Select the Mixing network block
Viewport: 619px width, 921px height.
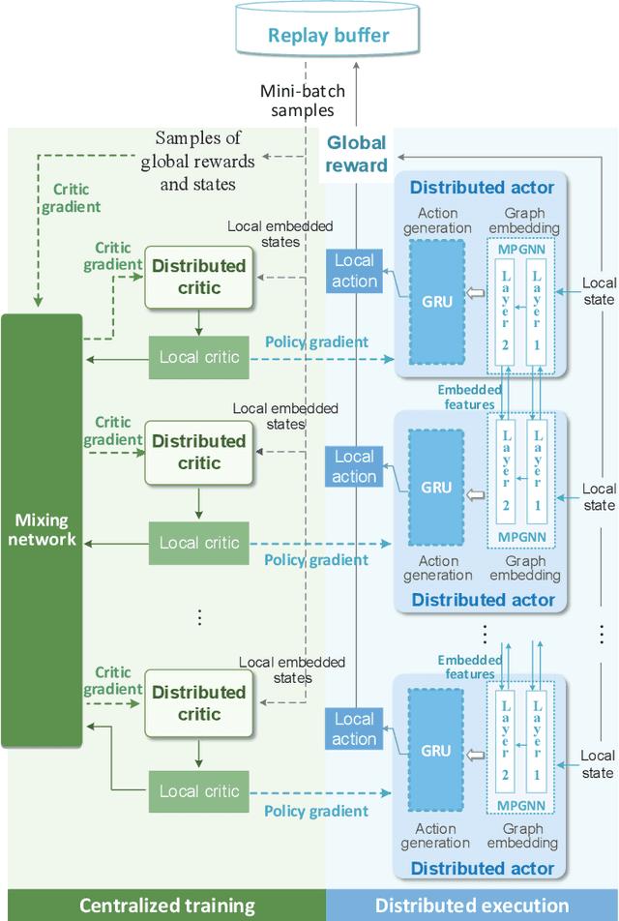(42, 529)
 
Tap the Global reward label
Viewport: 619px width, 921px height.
(355, 153)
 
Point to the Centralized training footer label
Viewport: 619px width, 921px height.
(166, 906)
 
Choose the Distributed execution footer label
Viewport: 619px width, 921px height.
(472, 906)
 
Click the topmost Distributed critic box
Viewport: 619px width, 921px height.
(198, 277)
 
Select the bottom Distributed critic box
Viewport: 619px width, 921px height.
(198, 703)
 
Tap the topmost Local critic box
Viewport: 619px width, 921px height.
(199, 357)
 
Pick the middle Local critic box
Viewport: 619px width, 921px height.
(199, 543)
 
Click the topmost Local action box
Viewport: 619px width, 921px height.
(355, 271)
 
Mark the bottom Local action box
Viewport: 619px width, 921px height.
(355, 729)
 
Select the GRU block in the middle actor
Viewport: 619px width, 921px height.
(436, 488)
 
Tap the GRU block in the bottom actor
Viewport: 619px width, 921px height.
(436, 751)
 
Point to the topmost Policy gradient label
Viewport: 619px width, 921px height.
(316, 342)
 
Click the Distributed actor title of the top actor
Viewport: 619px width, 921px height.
(482, 187)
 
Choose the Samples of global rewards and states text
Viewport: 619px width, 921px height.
(198, 161)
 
